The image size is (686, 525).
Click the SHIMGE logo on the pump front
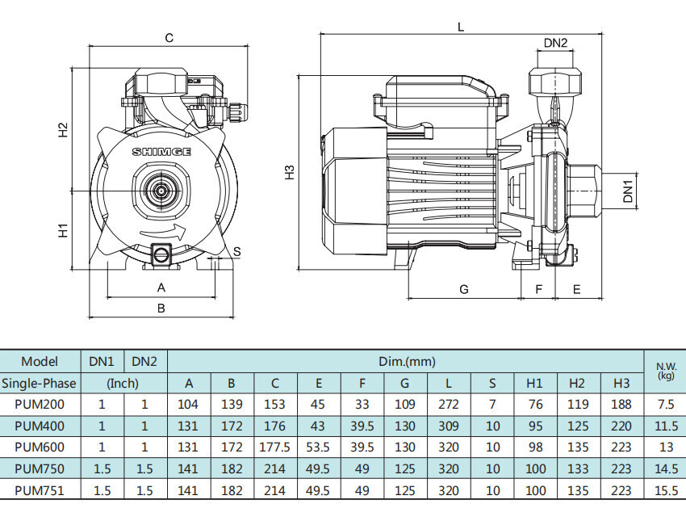pyautogui.click(x=161, y=152)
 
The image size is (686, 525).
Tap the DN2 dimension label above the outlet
pyautogui.click(x=555, y=43)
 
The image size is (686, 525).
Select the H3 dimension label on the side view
pyautogui.click(x=290, y=172)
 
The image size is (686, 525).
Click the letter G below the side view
pyautogui.click(x=464, y=289)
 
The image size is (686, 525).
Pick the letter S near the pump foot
pyautogui.click(x=236, y=252)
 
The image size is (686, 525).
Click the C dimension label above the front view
pyautogui.click(x=169, y=38)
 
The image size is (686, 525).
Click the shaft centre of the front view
pyautogui.click(x=162, y=191)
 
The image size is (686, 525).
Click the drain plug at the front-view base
pyautogui.click(x=161, y=254)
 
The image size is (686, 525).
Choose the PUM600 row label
pyautogui.click(x=40, y=447)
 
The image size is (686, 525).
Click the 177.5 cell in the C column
pyautogui.click(x=274, y=447)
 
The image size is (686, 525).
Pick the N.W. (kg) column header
pyautogui.click(x=666, y=371)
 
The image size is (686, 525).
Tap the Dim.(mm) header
pyautogui.click(x=407, y=362)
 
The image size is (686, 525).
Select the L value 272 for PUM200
pyautogui.click(x=449, y=404)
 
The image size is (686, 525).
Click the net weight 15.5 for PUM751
pyautogui.click(x=666, y=490)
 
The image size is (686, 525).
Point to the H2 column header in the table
pyautogui.click(x=577, y=384)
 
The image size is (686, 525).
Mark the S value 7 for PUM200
pyautogui.click(x=492, y=404)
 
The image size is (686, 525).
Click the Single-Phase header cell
pyautogui.click(x=40, y=384)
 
